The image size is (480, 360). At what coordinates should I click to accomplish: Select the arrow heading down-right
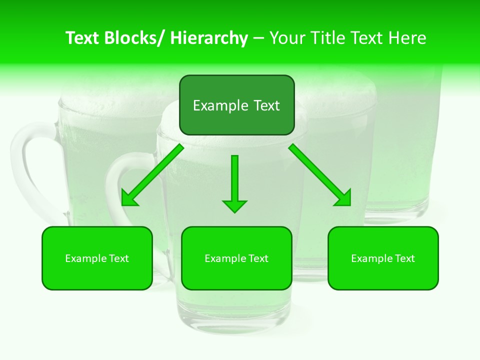[320, 175]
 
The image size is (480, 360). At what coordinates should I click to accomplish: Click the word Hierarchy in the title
[209, 38]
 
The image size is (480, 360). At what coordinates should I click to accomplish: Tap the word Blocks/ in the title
[134, 38]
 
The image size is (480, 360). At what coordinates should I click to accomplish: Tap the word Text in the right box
[404, 258]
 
